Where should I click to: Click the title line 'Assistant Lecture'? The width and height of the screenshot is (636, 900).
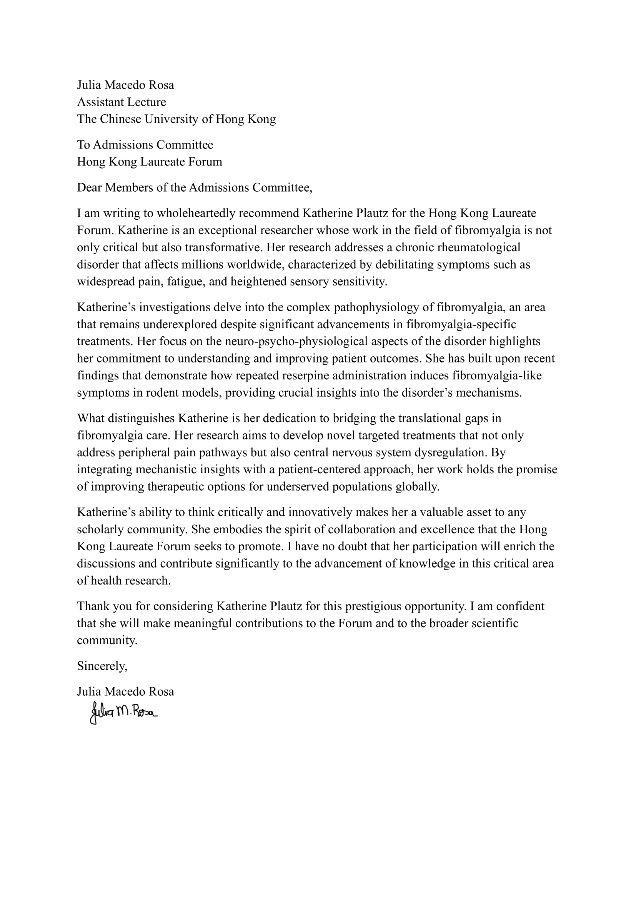coord(122,102)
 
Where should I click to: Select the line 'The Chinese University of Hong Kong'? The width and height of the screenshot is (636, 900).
coord(176,119)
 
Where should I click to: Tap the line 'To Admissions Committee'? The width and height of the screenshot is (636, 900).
coord(145,145)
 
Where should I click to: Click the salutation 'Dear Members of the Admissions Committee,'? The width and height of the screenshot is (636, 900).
coord(195,188)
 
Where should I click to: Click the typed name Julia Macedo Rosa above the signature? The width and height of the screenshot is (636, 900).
coord(125,691)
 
